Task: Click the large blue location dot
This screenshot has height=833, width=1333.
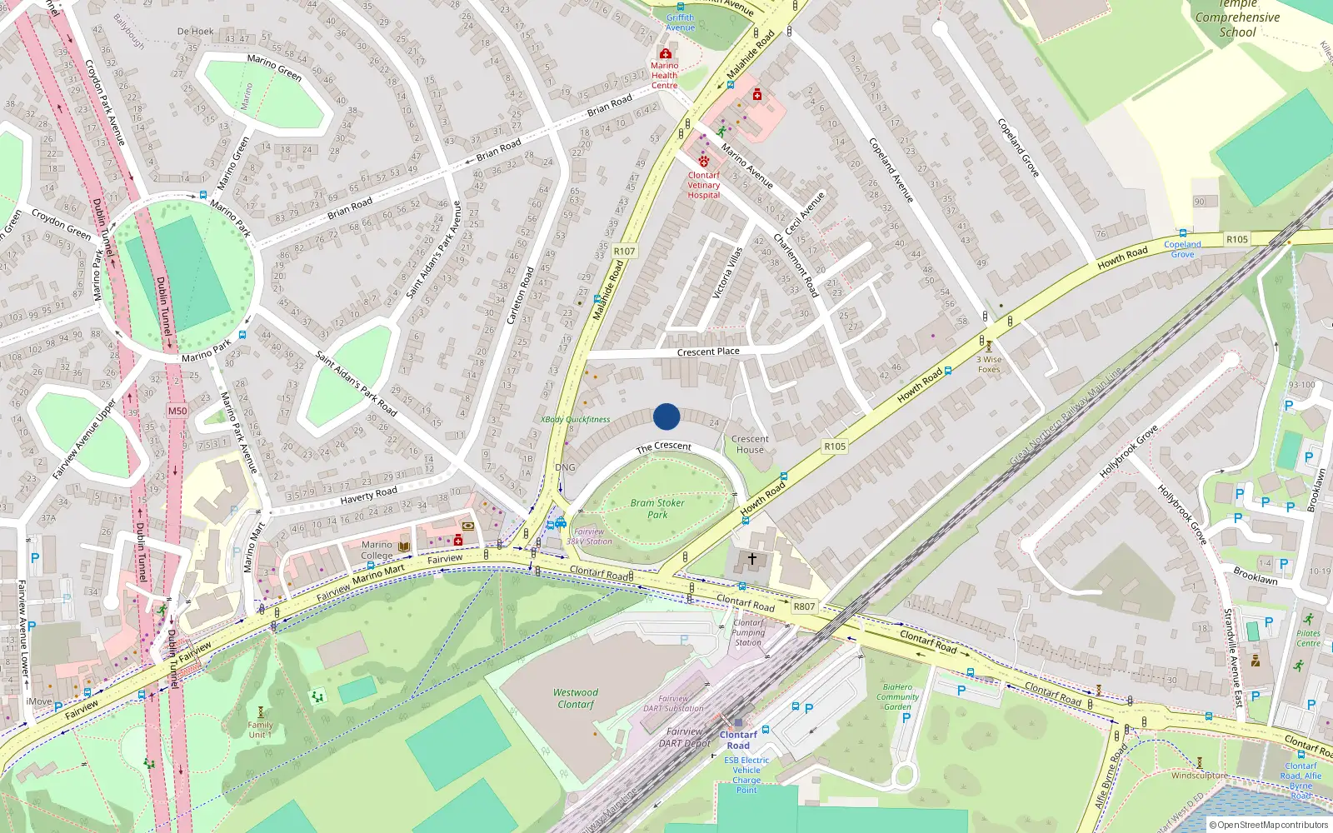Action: (x=666, y=416)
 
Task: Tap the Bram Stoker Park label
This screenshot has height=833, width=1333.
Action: (x=657, y=508)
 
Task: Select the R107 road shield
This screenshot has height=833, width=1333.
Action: (x=624, y=251)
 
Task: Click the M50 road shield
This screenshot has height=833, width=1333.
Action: (x=177, y=411)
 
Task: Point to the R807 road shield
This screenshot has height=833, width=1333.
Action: (x=804, y=606)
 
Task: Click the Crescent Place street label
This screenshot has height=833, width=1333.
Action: (x=708, y=352)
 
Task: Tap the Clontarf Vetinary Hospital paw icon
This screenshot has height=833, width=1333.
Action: (x=704, y=162)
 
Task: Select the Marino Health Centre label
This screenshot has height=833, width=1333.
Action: (x=664, y=75)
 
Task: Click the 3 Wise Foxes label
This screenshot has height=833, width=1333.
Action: (x=989, y=364)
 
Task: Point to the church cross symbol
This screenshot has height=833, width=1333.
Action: (x=751, y=559)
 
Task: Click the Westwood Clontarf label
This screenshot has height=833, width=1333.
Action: (x=576, y=698)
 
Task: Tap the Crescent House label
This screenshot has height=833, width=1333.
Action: (x=750, y=444)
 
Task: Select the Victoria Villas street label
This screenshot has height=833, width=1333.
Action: (x=726, y=272)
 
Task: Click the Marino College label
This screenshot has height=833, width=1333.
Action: (x=377, y=550)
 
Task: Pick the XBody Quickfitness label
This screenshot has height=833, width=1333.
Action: (x=576, y=420)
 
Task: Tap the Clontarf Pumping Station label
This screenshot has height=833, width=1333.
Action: (x=747, y=632)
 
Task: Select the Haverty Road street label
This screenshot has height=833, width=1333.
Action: (x=368, y=496)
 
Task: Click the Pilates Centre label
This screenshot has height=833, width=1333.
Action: (x=1308, y=638)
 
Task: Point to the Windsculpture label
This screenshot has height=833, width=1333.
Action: (x=1199, y=776)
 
